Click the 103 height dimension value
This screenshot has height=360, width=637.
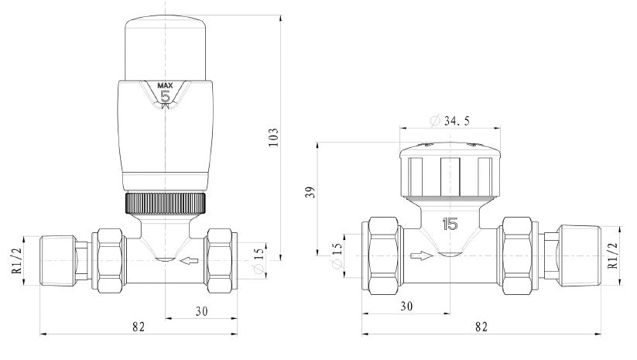click(x=272, y=137)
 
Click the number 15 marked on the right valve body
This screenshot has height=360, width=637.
click(x=449, y=225)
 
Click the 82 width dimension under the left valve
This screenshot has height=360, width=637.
click(x=139, y=327)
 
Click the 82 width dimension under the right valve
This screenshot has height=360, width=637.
click(x=480, y=327)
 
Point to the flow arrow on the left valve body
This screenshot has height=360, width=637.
click(x=186, y=263)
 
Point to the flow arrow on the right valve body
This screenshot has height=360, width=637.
click(x=420, y=254)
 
